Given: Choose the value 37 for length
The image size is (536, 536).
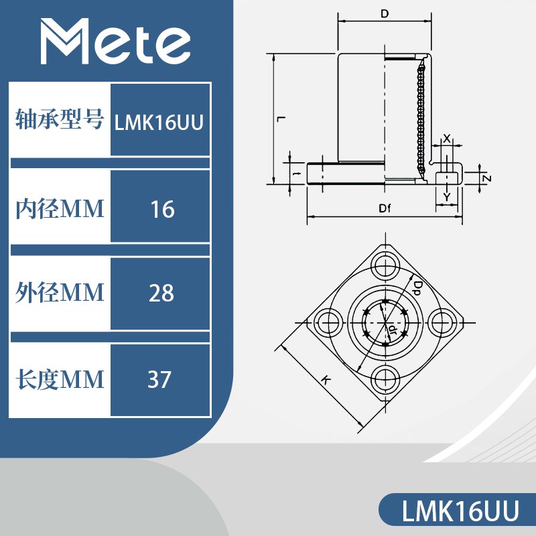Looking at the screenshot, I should [x=160, y=380].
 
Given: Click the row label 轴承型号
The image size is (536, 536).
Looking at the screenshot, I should [x=60, y=121].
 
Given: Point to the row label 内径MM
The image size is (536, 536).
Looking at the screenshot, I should [x=60, y=210].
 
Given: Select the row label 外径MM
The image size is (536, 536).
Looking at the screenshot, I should [x=60, y=293].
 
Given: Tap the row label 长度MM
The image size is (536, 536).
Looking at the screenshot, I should [x=60, y=380].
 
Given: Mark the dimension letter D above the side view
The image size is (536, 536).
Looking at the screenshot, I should [x=385, y=13].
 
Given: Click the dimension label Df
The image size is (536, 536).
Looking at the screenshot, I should [x=384, y=208].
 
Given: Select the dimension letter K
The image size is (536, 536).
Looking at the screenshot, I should [x=326, y=380].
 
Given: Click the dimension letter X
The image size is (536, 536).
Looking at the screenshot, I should [x=447, y=137].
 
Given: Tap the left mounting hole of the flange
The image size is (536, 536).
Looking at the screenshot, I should [x=328, y=321].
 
